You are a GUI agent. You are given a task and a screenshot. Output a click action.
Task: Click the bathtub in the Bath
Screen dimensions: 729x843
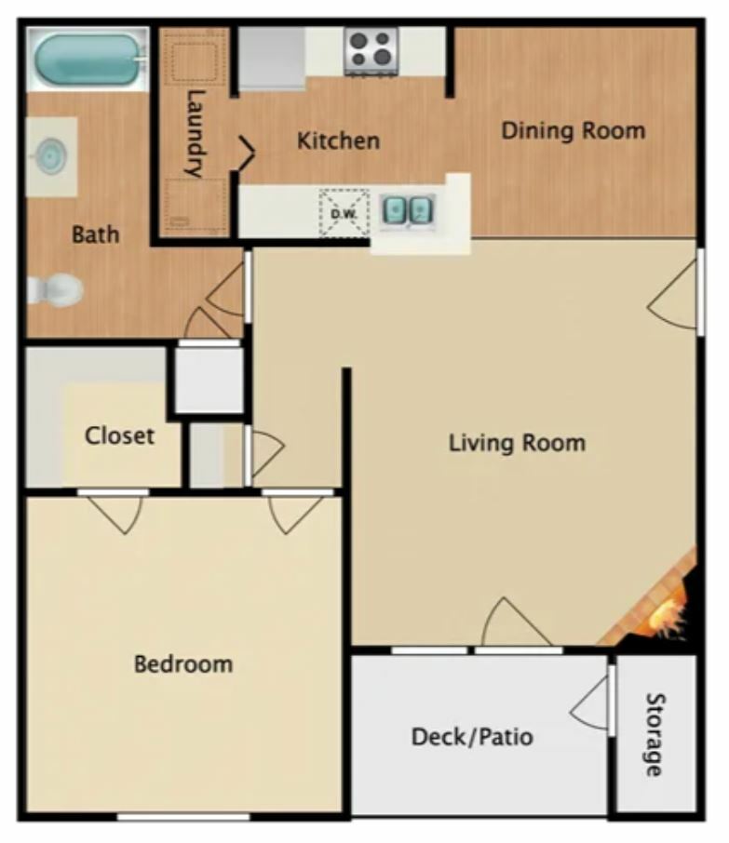(88, 60)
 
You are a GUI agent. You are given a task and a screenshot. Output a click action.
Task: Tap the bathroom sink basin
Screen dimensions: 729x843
(50, 156)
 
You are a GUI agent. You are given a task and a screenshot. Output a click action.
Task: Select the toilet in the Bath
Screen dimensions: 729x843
(55, 289)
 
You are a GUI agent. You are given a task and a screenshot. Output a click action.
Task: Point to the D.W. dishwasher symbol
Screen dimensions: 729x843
(344, 213)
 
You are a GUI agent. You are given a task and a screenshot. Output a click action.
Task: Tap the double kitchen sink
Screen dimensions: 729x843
(408, 209)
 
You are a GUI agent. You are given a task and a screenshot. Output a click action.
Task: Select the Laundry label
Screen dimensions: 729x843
(196, 133)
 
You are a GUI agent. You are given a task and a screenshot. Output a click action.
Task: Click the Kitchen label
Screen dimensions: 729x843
(338, 140)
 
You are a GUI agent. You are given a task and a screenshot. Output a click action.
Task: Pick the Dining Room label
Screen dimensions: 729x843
(573, 130)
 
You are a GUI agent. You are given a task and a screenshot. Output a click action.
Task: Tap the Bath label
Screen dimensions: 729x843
(95, 234)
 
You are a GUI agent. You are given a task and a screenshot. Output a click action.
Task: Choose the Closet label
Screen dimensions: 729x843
(119, 435)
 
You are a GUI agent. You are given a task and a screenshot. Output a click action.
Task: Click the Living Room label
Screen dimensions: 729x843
(517, 443)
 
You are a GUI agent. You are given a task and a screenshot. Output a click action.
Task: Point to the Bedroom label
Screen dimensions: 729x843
(183, 664)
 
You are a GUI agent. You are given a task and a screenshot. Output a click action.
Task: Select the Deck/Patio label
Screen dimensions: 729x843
(472, 737)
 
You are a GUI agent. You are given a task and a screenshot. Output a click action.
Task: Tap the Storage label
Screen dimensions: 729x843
(655, 734)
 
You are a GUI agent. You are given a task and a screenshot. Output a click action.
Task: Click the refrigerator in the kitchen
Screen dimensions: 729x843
(272, 58)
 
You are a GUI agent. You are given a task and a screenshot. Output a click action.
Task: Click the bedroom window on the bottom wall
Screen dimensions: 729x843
(183, 817)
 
